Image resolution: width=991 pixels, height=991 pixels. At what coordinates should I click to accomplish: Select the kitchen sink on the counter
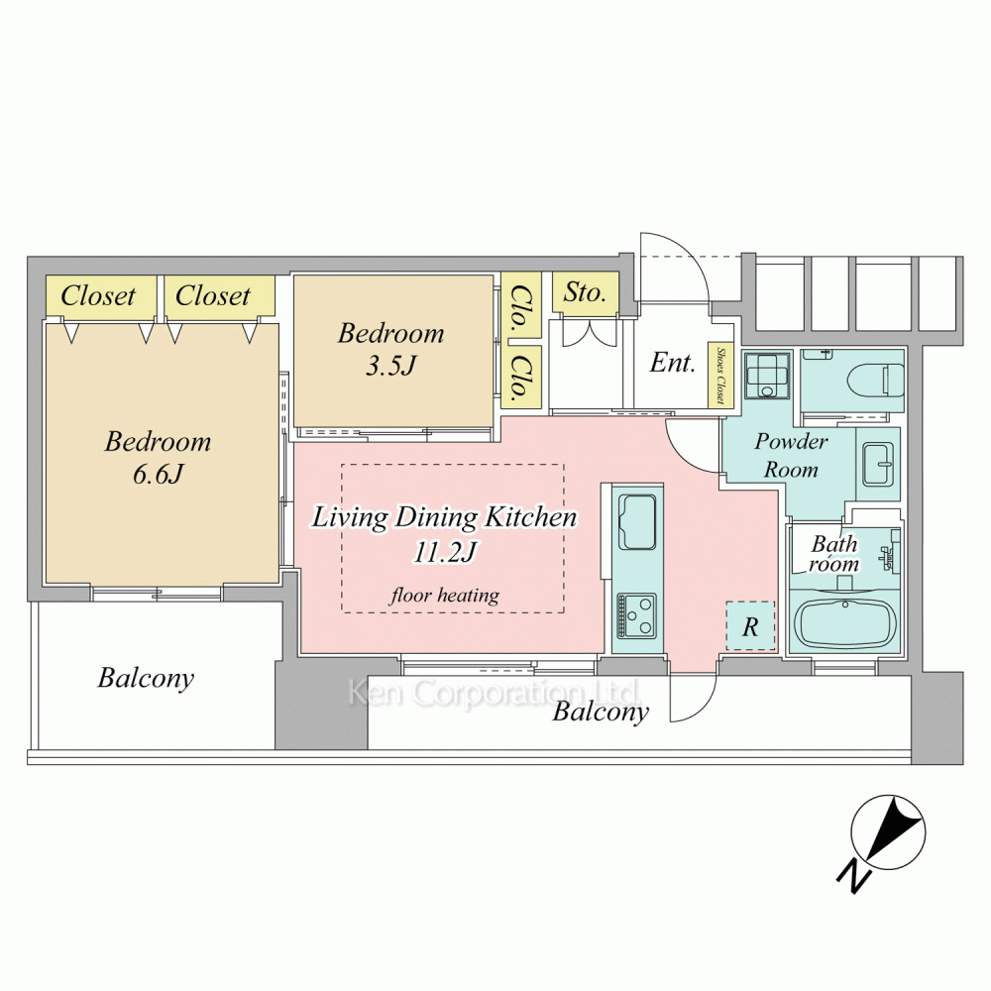click(x=636, y=522)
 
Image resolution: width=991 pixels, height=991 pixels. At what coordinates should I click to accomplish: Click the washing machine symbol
click(x=767, y=376)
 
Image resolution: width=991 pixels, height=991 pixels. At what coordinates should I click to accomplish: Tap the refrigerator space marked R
click(x=750, y=625)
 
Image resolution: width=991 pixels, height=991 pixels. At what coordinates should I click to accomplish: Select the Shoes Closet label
click(x=719, y=376)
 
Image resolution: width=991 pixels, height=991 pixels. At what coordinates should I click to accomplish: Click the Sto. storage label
click(x=585, y=292)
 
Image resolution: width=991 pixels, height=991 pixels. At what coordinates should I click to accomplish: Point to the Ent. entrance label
click(x=673, y=362)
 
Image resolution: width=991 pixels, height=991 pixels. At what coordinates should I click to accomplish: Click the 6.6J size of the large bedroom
click(x=158, y=474)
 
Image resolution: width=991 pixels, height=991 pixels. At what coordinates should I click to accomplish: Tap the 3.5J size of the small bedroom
click(x=391, y=366)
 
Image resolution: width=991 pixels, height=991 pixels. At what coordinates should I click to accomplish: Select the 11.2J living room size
click(x=444, y=552)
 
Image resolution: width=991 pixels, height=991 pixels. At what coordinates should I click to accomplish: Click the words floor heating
click(x=445, y=595)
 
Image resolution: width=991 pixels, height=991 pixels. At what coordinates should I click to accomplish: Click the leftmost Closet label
click(x=98, y=295)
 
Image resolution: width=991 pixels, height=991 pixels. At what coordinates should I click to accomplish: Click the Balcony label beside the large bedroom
click(x=146, y=678)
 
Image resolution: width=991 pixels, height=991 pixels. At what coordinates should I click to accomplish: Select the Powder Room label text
click(x=791, y=455)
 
